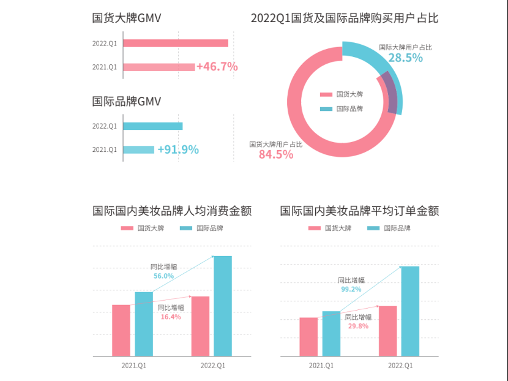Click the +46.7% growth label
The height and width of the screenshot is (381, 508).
click(217, 67)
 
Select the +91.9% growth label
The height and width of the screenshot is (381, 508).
click(178, 149)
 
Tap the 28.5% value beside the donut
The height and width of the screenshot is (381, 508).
click(405, 58)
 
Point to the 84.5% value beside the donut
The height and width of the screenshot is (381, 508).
click(276, 154)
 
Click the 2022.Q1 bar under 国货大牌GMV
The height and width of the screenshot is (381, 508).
click(176, 43)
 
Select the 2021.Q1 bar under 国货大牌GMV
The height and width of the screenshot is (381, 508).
click(159, 67)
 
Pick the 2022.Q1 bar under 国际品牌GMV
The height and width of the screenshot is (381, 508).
click(153, 126)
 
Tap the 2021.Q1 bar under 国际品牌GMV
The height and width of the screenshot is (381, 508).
click(139, 149)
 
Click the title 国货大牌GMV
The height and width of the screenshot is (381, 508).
click(127, 18)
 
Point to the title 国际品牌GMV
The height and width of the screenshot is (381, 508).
click(127, 101)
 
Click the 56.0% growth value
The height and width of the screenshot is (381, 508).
click(163, 276)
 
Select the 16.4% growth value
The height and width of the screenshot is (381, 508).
click(171, 317)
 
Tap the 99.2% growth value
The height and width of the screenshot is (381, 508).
click(351, 289)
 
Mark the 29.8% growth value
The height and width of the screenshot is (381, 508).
click(358, 326)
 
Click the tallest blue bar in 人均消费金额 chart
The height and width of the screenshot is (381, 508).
click(223, 306)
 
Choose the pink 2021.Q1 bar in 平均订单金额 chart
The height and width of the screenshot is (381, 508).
click(308, 336)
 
